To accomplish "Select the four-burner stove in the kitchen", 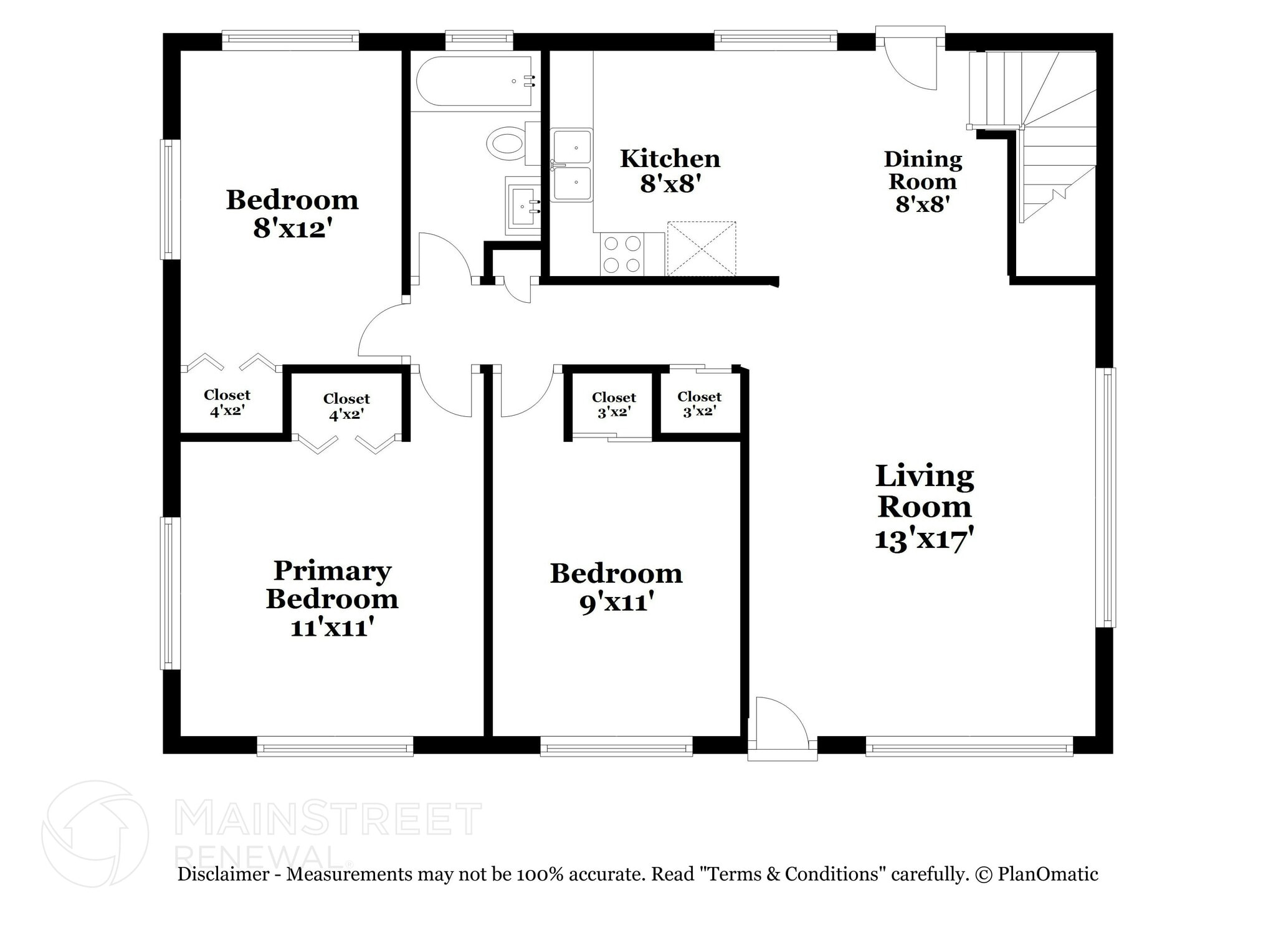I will (x=622, y=254).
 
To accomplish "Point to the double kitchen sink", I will (x=572, y=165).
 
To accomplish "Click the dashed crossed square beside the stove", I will (x=702, y=248).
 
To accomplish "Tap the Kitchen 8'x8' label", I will (x=670, y=171).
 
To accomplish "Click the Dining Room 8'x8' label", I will (x=922, y=181).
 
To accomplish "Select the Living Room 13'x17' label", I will (x=924, y=507).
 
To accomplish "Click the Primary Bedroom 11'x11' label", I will (x=332, y=598).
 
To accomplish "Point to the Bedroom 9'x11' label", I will (x=616, y=587).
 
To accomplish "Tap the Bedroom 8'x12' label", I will (x=292, y=214).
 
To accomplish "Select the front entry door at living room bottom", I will (x=781, y=729).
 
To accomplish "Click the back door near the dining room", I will (x=909, y=59).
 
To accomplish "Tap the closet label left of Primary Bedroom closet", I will (x=227, y=403).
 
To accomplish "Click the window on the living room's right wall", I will (x=1106, y=497).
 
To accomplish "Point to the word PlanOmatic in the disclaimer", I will (x=1047, y=874).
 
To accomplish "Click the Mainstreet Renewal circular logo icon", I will (x=95, y=834).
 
